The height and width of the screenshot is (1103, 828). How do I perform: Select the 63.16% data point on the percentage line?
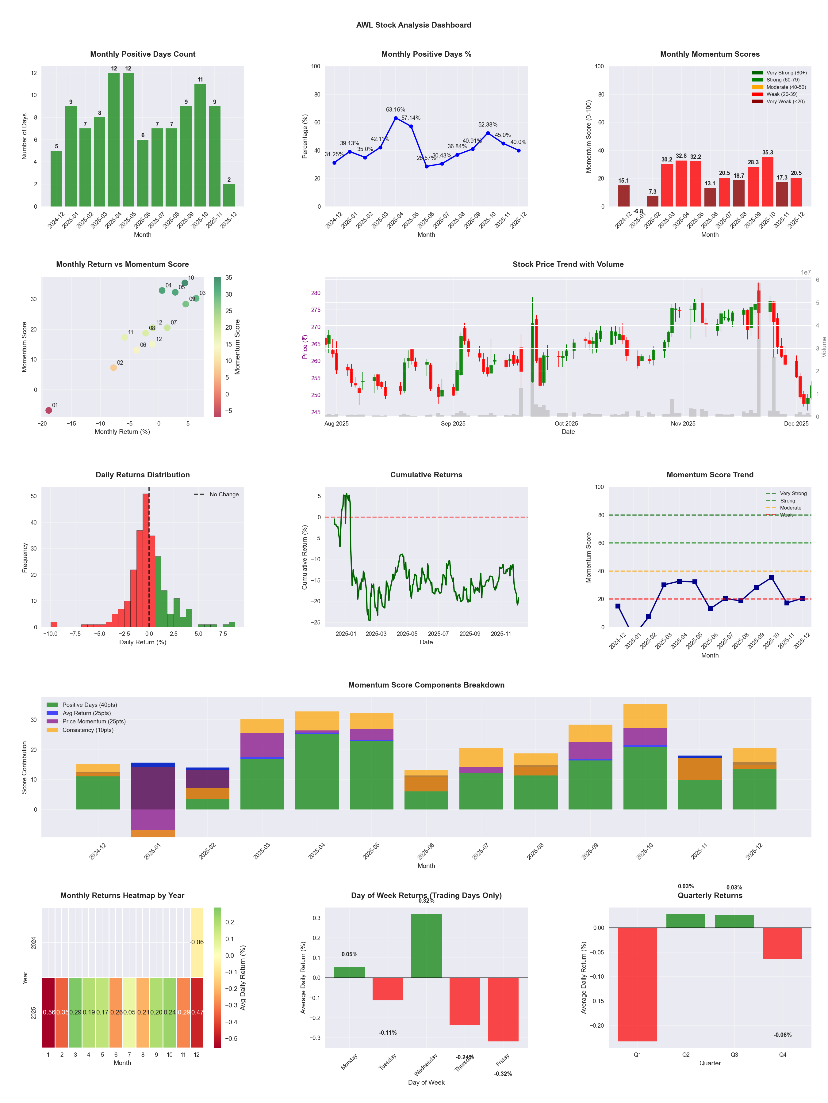tap(396, 118)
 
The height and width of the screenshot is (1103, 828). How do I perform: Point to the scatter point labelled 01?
tap(48, 410)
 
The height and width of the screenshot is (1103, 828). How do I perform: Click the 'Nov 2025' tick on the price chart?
tap(683, 424)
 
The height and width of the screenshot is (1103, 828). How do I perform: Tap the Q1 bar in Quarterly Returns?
tap(637, 984)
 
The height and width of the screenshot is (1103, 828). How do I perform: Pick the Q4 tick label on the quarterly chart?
tap(783, 1055)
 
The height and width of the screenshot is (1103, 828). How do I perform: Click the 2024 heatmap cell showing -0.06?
tap(197, 942)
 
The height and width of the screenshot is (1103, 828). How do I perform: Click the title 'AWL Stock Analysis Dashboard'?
tap(414, 25)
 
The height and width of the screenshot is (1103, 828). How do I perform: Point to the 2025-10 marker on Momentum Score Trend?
tap(772, 578)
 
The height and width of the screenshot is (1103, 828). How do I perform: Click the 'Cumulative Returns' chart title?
tap(426, 475)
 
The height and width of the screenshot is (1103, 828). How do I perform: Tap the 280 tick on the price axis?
tap(316, 293)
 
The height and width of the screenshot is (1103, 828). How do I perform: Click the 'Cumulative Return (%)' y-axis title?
tap(305, 557)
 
